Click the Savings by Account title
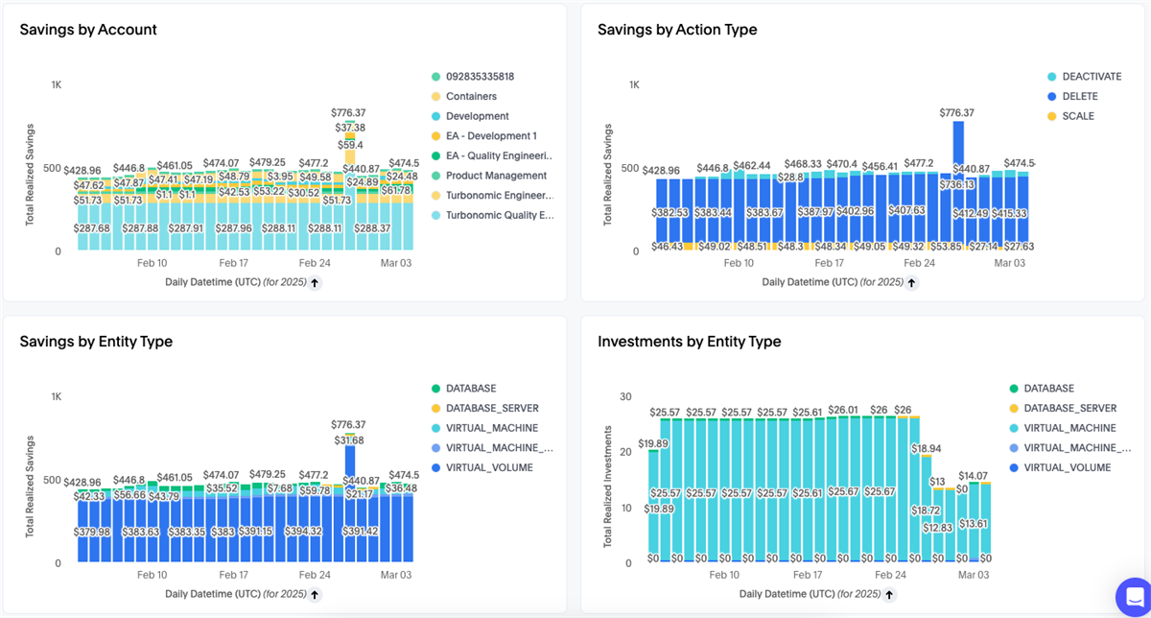(x=88, y=30)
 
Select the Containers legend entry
(x=470, y=96)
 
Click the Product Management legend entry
(x=496, y=176)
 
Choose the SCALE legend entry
(x=1077, y=116)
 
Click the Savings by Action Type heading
(x=677, y=30)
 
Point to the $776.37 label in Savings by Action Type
(x=957, y=113)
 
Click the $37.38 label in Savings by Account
(x=349, y=128)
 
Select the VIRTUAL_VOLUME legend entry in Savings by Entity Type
(x=489, y=467)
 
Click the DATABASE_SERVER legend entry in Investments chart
(x=1069, y=409)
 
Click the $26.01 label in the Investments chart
(x=843, y=410)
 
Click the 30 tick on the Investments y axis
(x=625, y=396)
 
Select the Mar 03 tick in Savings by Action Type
(x=1009, y=263)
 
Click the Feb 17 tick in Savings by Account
(x=234, y=263)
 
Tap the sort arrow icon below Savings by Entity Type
(x=315, y=594)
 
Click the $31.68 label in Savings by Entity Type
(x=349, y=440)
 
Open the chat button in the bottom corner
(x=1133, y=594)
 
